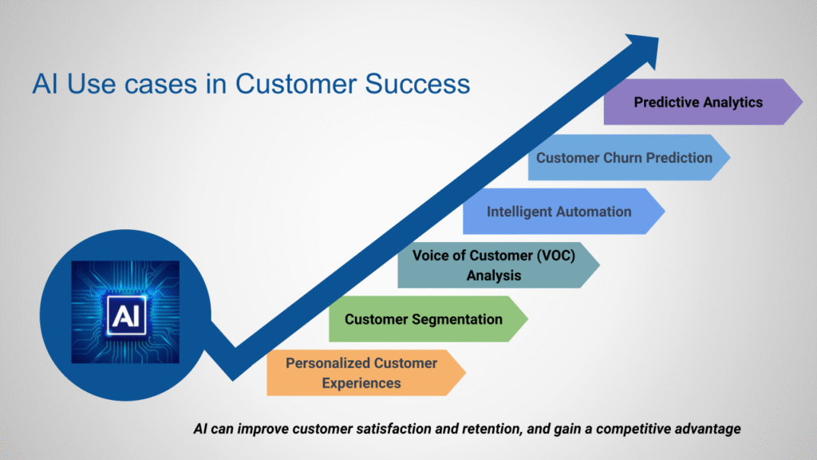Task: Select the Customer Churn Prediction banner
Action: pos(625,157)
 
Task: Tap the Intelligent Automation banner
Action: pos(558,212)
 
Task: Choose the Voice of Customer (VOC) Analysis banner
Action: pos(494,265)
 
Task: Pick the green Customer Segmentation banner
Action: pos(424,319)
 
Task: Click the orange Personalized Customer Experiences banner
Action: pos(361,373)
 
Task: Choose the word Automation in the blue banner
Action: pos(593,212)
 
